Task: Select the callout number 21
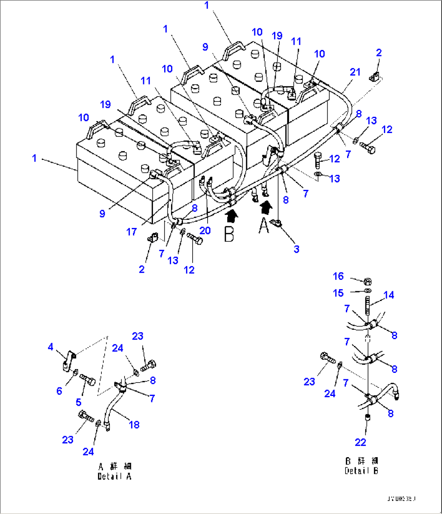tap(355, 72)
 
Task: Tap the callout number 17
tap(131, 232)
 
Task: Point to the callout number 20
tap(205, 230)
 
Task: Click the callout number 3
tap(296, 249)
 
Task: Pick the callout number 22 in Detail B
tap(360, 442)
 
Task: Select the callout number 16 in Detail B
tap(338, 276)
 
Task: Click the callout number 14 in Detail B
tap(388, 295)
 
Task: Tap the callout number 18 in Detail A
tap(134, 424)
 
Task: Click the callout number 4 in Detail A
tap(50, 347)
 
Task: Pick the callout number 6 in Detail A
tap(59, 391)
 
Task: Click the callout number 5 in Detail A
tap(78, 402)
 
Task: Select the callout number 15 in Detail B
tap(338, 293)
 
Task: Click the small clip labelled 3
tap(277, 223)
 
